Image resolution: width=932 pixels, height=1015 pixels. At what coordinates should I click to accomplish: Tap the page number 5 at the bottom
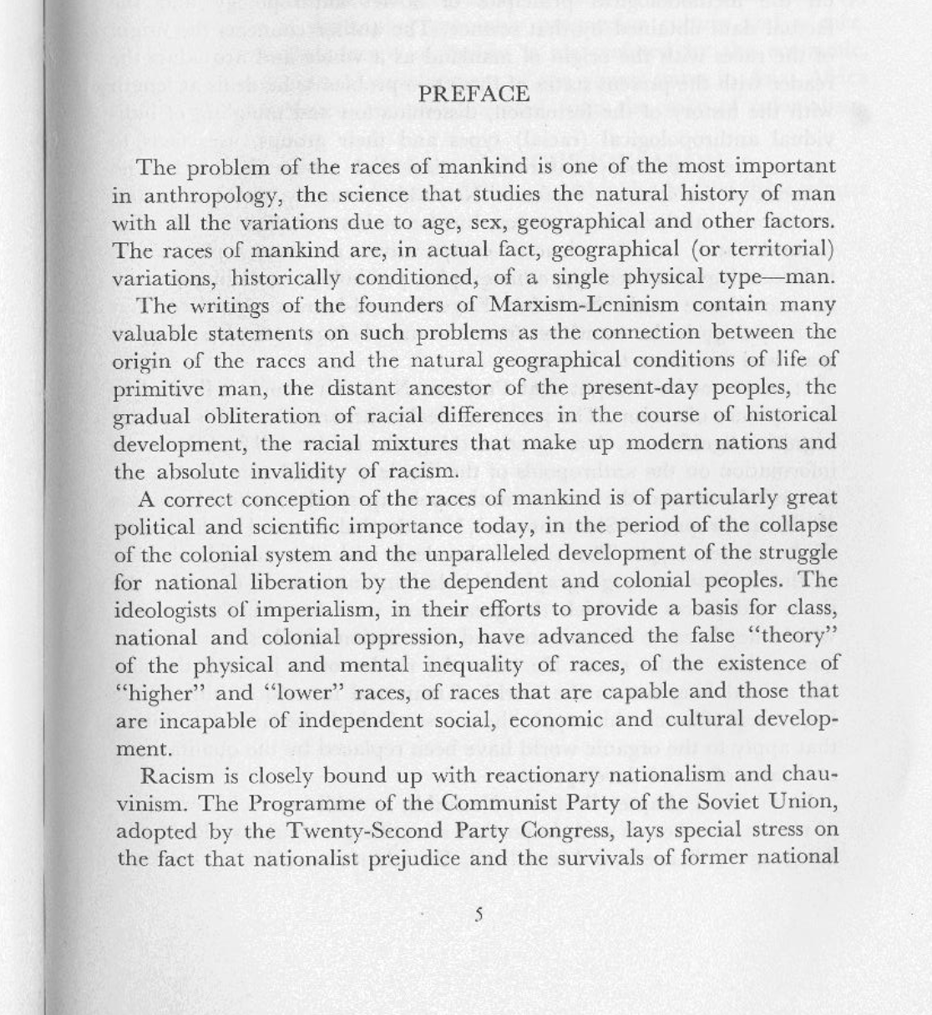(479, 914)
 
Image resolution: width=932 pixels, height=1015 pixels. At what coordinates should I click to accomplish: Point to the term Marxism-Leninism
(584, 305)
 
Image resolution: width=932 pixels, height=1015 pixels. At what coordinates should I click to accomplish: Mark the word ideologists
(168, 609)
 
